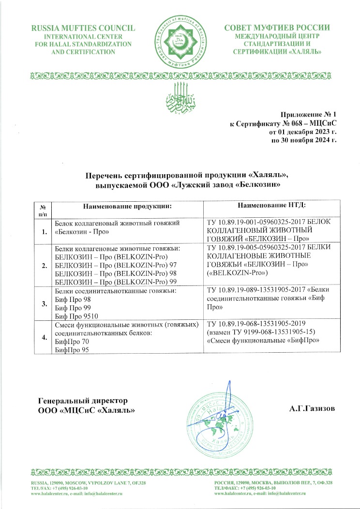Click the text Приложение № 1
309,114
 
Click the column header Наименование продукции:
128,207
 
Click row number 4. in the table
45,337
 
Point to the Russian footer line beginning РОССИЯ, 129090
273,483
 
